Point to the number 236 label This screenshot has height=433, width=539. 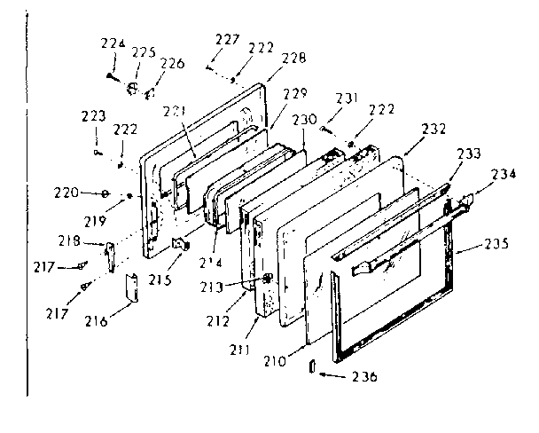click(x=363, y=376)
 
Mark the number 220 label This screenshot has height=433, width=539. click(x=66, y=192)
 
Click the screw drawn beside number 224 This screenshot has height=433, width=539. click(x=112, y=75)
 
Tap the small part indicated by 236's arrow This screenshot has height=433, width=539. click(x=312, y=366)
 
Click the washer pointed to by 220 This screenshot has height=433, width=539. click(x=105, y=193)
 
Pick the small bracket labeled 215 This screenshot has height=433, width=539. click(x=183, y=243)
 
